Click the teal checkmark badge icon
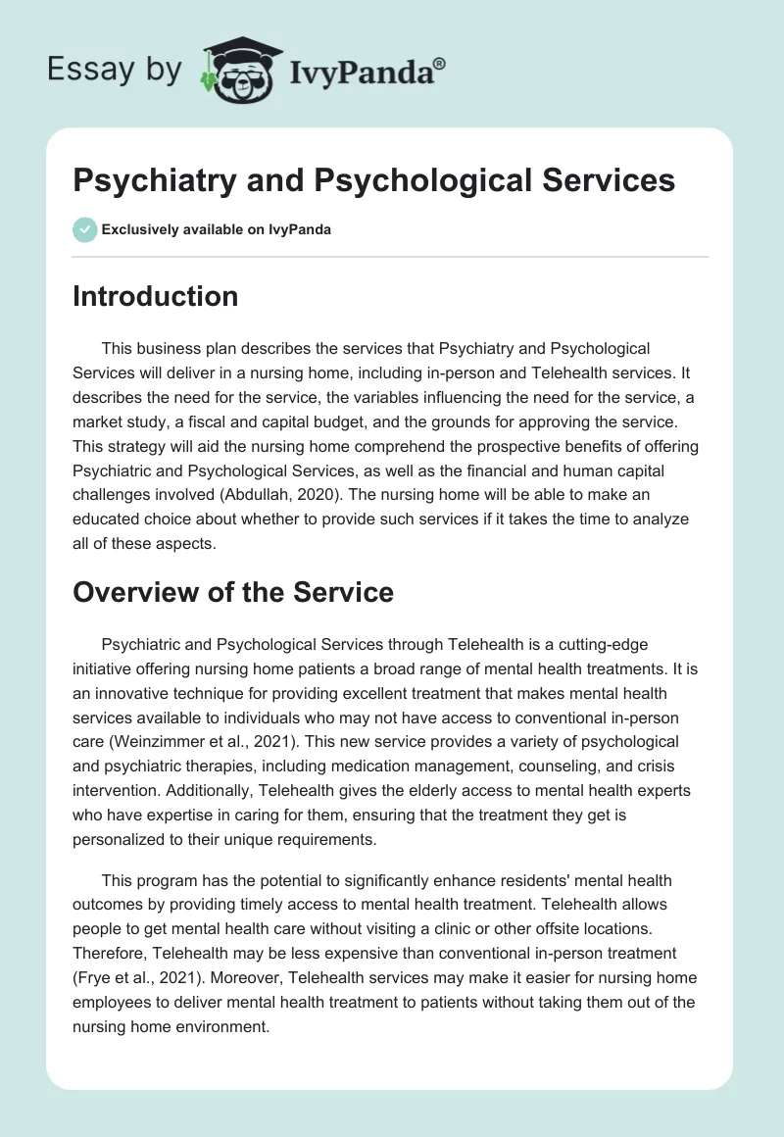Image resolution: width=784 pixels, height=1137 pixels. click(x=84, y=229)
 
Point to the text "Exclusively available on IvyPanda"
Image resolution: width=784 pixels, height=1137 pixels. click(x=217, y=230)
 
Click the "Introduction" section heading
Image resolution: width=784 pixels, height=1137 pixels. click(x=155, y=296)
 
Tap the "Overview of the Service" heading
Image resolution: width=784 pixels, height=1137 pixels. click(x=233, y=592)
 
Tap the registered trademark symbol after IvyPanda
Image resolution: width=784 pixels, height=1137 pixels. click(x=440, y=62)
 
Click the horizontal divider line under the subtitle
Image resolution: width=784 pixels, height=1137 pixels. click(x=390, y=257)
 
